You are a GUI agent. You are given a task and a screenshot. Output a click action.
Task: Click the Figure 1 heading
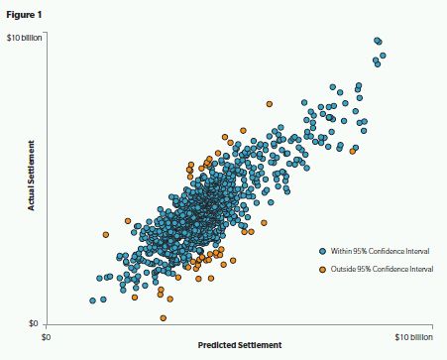tap(24, 15)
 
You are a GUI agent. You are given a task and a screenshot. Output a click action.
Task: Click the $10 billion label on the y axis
tap(25, 38)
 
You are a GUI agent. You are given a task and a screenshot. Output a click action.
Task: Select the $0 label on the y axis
tap(33, 323)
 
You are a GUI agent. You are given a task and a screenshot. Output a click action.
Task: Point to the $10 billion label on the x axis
tap(414, 337)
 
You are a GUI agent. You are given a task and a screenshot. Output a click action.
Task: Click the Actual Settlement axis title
tap(31, 176)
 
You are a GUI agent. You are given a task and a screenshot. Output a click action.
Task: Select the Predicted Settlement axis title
tap(240, 345)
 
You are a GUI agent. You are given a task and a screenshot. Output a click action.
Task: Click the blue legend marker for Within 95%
tap(323, 251)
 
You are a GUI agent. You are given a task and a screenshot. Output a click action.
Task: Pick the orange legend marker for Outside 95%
tap(323, 270)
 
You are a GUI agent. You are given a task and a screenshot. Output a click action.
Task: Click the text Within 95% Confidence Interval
tap(380, 251)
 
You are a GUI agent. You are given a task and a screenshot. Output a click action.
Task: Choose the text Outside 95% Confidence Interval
tap(382, 270)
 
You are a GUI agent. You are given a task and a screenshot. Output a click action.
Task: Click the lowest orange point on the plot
tap(163, 318)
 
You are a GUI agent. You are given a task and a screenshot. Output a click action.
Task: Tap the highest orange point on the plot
tap(270, 104)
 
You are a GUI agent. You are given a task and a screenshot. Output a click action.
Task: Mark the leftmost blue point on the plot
tap(93, 300)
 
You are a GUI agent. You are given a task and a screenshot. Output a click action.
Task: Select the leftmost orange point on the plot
tap(106, 235)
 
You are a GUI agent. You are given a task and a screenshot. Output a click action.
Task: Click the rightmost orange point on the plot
tap(353, 151)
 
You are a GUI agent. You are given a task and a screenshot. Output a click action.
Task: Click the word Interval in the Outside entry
tap(421, 270)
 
